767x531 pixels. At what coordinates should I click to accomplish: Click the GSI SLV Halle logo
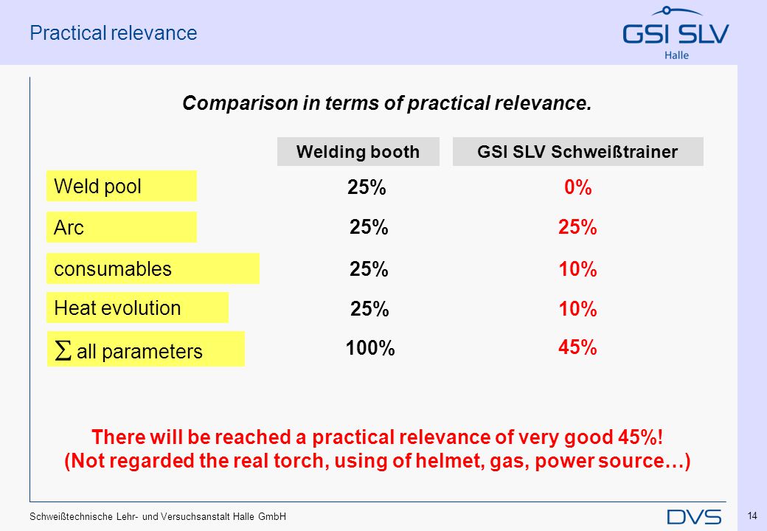[676, 33]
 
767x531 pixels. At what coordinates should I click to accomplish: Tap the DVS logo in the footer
[694, 517]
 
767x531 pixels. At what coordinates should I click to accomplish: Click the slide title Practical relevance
[114, 32]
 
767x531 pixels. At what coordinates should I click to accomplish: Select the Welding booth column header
[358, 152]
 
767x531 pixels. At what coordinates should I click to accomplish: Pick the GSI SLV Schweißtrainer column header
[577, 152]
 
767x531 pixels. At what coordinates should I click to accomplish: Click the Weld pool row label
[121, 186]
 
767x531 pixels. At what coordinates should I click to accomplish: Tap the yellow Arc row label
[121, 227]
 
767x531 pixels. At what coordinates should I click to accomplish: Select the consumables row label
[153, 268]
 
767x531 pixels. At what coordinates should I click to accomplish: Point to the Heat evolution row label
[137, 308]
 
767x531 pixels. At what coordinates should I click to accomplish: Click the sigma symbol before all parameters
[63, 350]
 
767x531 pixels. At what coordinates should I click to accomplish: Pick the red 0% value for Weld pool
[577, 187]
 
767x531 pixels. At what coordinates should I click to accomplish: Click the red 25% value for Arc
[577, 227]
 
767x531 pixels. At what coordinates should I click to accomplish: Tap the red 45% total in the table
[577, 347]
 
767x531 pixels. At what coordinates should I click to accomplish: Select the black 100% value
[370, 348]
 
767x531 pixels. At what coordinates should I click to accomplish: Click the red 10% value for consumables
[577, 269]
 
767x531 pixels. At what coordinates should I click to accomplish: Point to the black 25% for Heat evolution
[369, 309]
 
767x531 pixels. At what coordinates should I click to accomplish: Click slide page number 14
[752, 516]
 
